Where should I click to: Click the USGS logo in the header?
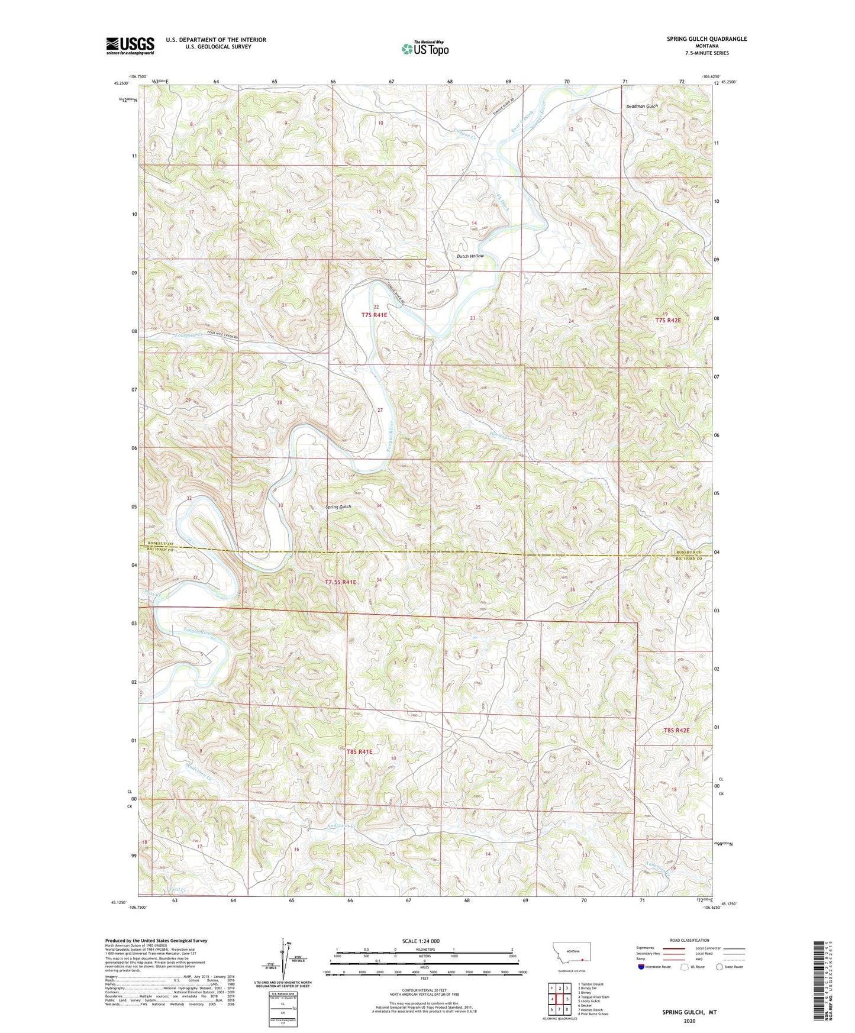pyautogui.click(x=130, y=45)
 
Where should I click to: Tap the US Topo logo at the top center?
pyautogui.click(x=424, y=49)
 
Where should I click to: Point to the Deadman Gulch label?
pyautogui.click(x=642, y=106)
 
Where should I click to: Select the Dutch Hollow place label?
pyautogui.click(x=470, y=256)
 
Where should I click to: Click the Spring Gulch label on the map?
pyautogui.click(x=338, y=506)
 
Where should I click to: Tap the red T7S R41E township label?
pyautogui.click(x=374, y=315)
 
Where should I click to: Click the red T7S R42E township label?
pyautogui.click(x=668, y=320)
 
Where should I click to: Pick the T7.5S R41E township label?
pyautogui.click(x=341, y=582)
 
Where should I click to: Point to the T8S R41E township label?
pyautogui.click(x=359, y=751)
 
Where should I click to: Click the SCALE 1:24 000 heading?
pyautogui.click(x=421, y=941)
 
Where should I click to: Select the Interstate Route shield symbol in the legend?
pyautogui.click(x=641, y=967)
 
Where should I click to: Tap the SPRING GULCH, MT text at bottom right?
pyautogui.click(x=689, y=1012)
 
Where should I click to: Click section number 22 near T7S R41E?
pyautogui.click(x=376, y=306)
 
